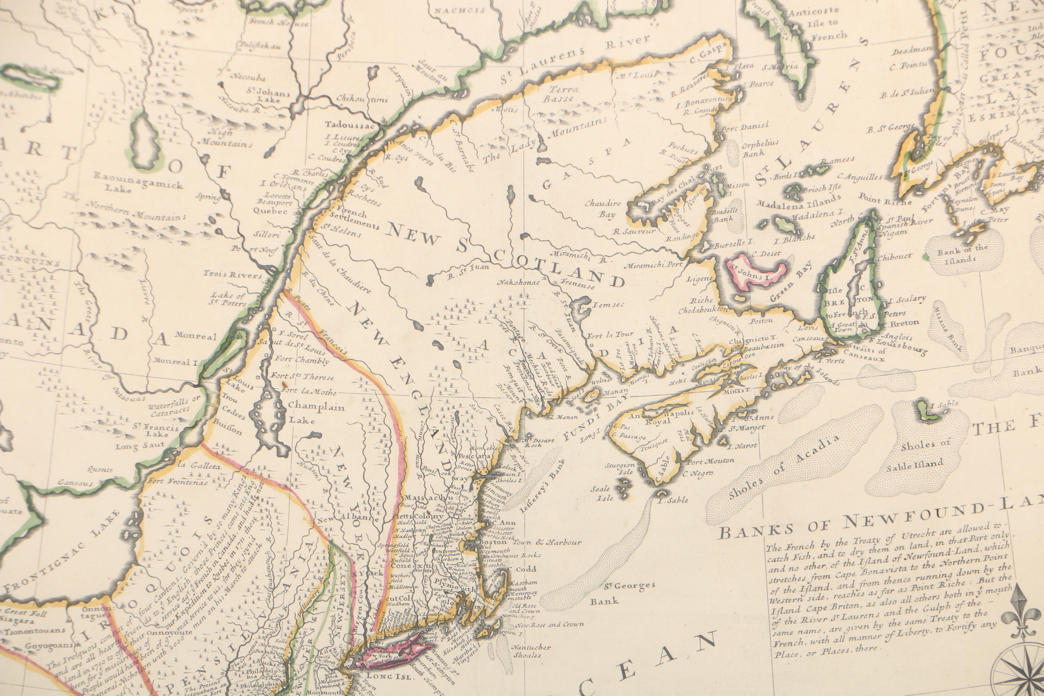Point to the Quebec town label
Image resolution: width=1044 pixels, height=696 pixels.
point(270,211)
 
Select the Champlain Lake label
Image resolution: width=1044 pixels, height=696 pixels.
point(316,412)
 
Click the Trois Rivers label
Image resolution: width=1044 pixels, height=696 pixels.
point(233,274)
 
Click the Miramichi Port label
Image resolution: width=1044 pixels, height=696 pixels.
point(654,265)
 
